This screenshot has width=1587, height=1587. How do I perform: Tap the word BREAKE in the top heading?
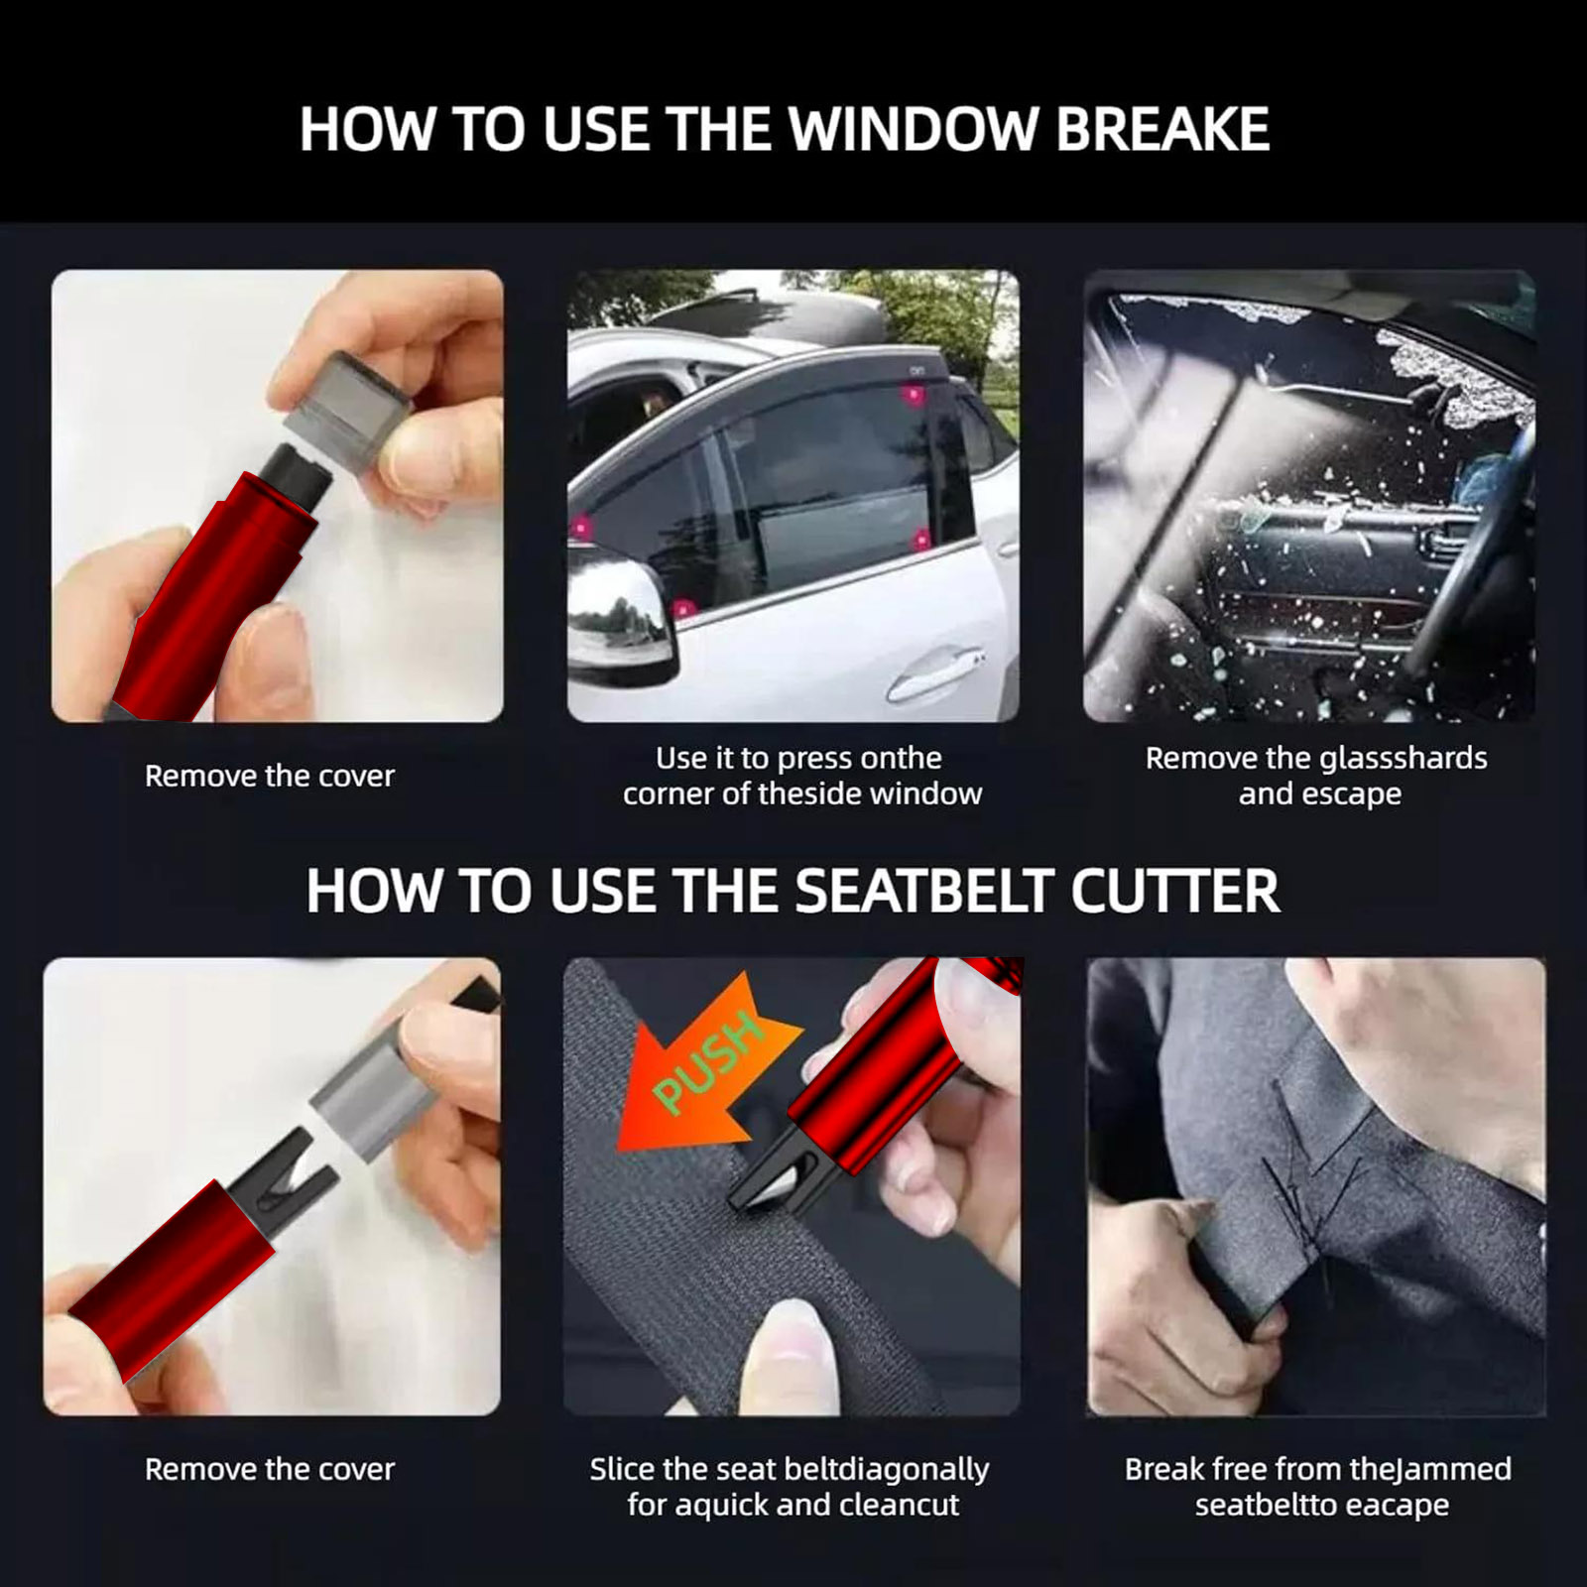[x=1162, y=129]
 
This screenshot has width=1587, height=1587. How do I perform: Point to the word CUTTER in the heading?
[x=1174, y=890]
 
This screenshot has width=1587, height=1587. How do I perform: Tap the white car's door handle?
[x=937, y=672]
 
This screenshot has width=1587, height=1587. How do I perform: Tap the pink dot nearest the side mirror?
[x=680, y=608]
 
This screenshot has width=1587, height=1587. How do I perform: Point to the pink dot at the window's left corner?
[x=580, y=527]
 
